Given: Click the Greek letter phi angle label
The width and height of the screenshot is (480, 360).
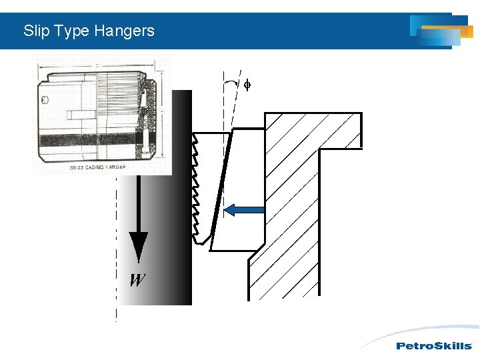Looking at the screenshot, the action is (x=247, y=85).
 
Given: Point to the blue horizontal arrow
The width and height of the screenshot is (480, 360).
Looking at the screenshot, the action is (x=244, y=211).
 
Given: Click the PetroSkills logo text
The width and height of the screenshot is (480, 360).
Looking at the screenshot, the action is (x=434, y=345).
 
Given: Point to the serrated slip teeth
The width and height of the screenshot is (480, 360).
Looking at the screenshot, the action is (x=195, y=187).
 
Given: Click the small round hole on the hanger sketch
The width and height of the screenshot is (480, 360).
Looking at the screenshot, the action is (x=44, y=101).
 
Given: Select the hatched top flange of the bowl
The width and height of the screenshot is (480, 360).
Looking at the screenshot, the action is (x=313, y=129).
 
